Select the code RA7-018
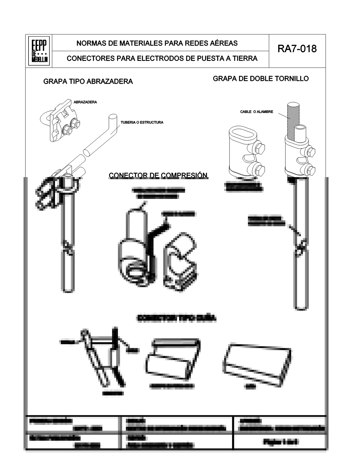click(297, 49)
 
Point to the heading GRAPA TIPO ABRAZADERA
click(88, 81)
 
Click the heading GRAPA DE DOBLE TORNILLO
click(261, 79)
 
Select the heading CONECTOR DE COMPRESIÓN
click(158, 175)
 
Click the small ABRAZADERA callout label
click(85, 102)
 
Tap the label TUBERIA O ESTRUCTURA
click(142, 122)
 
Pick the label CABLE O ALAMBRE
click(256, 112)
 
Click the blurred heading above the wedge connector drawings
click(176, 318)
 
